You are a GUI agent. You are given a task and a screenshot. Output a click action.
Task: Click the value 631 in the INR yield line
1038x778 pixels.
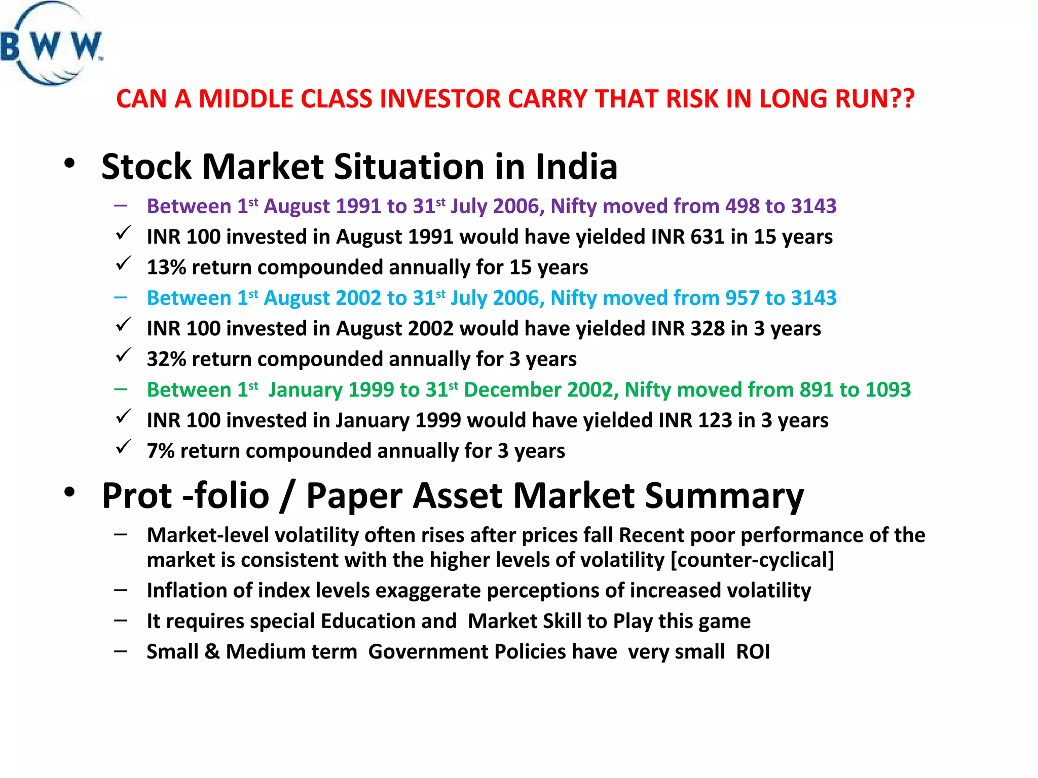[x=707, y=237]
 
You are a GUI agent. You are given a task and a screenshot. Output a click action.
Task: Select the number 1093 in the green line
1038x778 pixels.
[x=887, y=390]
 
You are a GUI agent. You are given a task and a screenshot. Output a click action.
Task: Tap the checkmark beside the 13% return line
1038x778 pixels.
[x=123, y=263]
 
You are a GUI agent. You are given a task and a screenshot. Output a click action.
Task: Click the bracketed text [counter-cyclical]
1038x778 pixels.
[x=752, y=560]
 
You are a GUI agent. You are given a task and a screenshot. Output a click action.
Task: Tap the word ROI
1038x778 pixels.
[x=753, y=652]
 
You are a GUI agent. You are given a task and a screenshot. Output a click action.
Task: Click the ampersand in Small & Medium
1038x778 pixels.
[x=212, y=652]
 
